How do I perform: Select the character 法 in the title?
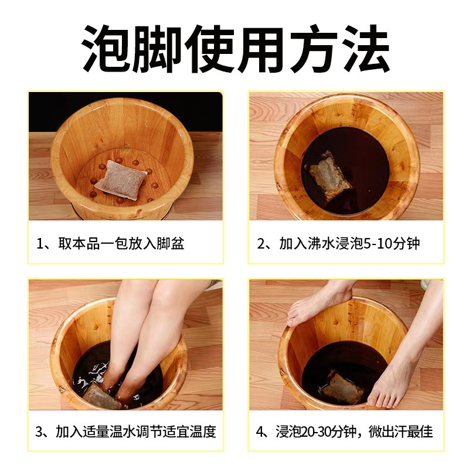click(366, 49)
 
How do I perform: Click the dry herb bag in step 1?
click(121, 180)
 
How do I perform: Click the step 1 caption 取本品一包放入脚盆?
click(121, 243)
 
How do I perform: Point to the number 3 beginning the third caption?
click(39, 431)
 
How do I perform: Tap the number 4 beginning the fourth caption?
click(260, 431)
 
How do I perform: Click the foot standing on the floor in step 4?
click(398, 371)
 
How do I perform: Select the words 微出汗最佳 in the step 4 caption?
click(400, 431)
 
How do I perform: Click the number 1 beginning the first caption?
click(39, 244)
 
